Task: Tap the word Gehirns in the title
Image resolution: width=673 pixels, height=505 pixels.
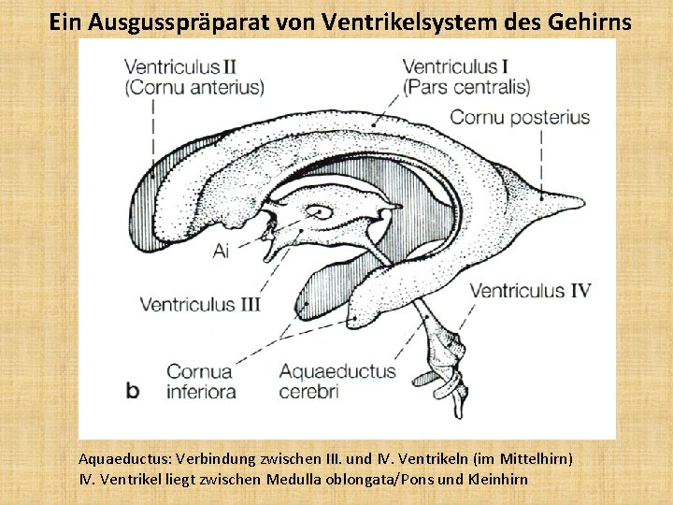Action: [x=584, y=21]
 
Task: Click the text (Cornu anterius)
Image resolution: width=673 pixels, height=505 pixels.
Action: [x=193, y=88]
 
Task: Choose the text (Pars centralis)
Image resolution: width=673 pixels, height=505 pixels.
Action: [x=466, y=88]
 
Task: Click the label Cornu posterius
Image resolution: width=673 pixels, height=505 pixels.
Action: [x=520, y=118]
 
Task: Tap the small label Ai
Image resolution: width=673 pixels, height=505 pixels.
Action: [x=222, y=251]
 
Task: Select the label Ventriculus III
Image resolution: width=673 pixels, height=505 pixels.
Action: [x=200, y=304]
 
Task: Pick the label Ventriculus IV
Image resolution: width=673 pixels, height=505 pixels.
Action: [x=530, y=291]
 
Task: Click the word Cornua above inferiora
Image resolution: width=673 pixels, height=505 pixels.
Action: [x=200, y=371]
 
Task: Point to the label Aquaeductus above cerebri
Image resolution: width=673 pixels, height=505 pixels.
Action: [x=337, y=371]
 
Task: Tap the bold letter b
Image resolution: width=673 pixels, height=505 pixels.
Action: [x=132, y=388]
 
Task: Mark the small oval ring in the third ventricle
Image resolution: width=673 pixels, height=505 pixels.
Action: [x=320, y=212]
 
